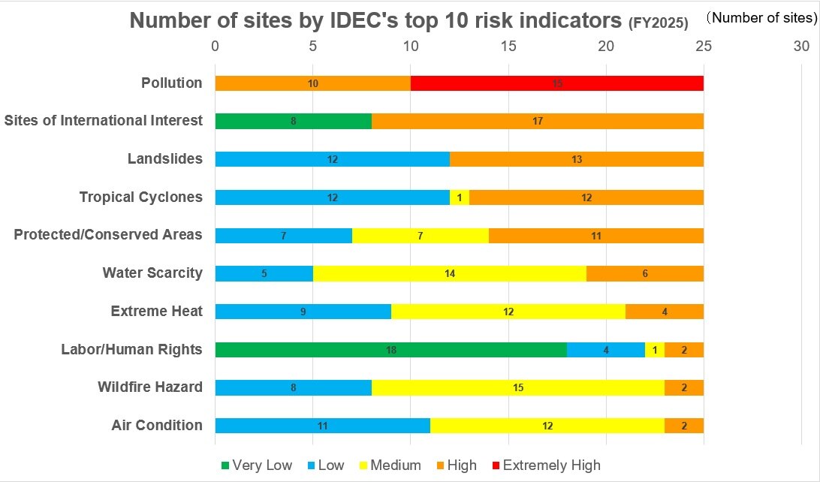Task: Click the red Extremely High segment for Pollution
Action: (557, 83)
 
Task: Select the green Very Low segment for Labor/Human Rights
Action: (390, 349)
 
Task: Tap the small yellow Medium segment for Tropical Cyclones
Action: (460, 197)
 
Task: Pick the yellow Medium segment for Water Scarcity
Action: (449, 273)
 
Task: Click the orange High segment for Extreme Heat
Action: (665, 312)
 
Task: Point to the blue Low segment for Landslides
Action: (332, 159)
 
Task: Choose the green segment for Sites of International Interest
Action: (293, 121)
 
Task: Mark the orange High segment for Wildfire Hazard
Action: (684, 387)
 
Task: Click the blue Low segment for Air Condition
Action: (322, 426)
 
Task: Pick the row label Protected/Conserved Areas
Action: (108, 235)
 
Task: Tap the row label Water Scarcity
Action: (152, 273)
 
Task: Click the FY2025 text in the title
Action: (658, 23)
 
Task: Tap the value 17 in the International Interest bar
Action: (538, 122)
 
